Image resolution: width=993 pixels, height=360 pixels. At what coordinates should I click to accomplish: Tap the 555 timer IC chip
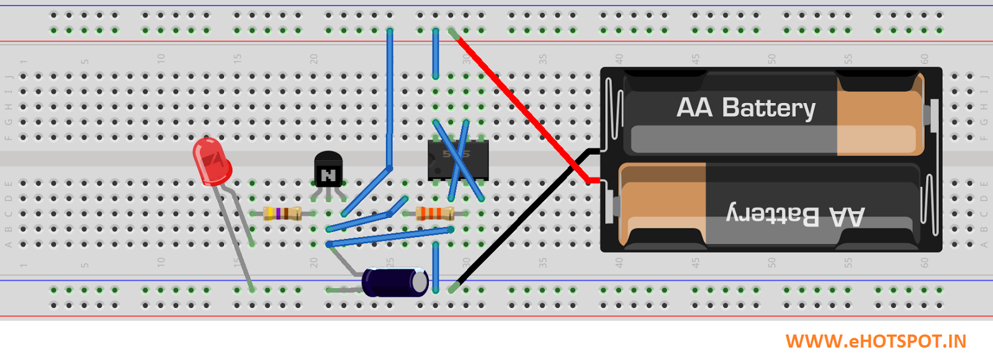point(458,160)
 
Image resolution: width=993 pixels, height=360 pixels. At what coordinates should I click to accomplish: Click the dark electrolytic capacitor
point(394,282)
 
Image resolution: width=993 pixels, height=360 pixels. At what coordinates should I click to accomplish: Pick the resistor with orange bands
point(434,214)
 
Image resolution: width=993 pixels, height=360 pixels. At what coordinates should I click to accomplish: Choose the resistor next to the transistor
point(282,214)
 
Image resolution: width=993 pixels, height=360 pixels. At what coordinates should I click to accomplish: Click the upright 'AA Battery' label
point(745,108)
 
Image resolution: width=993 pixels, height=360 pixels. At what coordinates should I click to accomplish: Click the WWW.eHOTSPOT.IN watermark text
point(876,341)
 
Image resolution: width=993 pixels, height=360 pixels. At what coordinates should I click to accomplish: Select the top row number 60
point(924,59)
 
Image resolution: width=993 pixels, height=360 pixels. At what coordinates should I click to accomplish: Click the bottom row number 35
point(542,263)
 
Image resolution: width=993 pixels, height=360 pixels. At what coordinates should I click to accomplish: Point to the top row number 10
point(161,59)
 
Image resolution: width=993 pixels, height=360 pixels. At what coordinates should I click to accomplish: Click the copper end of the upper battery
point(878,115)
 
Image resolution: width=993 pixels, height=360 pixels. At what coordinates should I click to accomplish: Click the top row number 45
point(695,59)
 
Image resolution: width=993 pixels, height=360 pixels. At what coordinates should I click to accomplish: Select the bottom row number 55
point(848,263)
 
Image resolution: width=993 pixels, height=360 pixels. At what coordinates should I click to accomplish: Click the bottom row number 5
point(84,264)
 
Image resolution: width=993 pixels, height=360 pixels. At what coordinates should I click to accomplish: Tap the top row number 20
point(313,59)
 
